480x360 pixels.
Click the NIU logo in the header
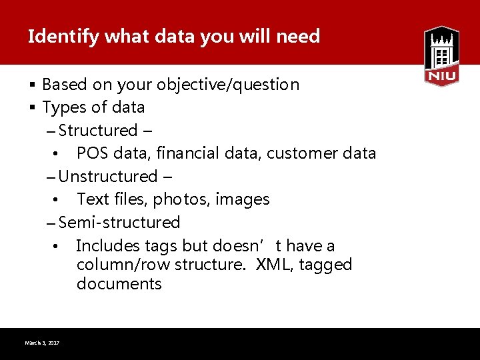(441, 56)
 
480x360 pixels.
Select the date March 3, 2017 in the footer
(42, 343)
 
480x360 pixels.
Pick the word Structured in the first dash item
(98, 131)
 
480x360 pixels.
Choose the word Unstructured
(107, 177)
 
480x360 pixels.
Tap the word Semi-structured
(119, 223)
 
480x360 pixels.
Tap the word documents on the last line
(119, 284)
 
